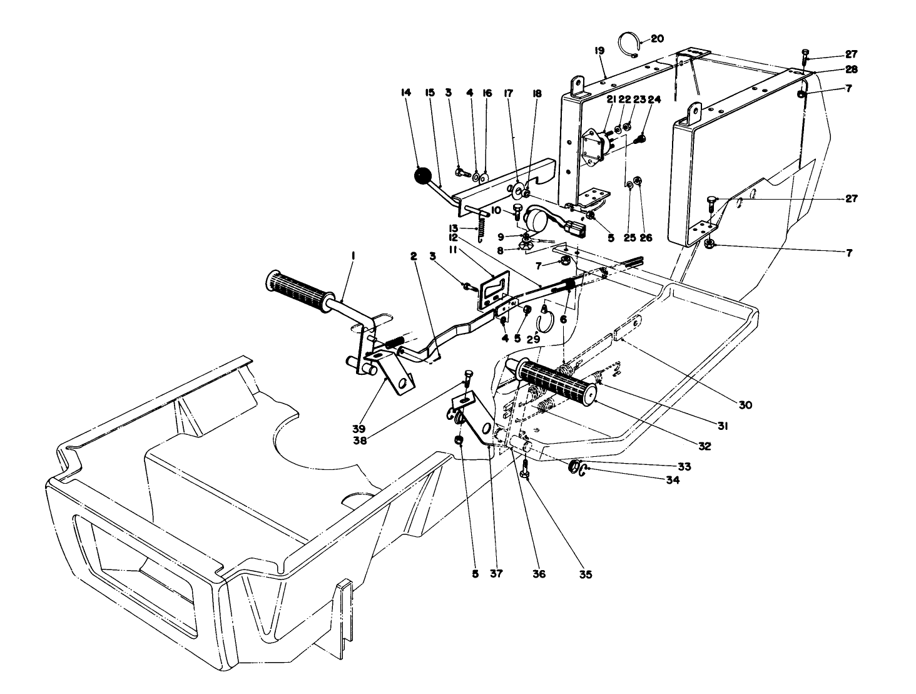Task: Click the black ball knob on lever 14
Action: click(424, 176)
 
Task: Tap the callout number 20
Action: click(657, 38)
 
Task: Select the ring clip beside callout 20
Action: click(629, 46)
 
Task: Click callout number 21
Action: click(611, 100)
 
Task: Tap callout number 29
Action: click(533, 339)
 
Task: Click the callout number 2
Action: click(414, 256)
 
